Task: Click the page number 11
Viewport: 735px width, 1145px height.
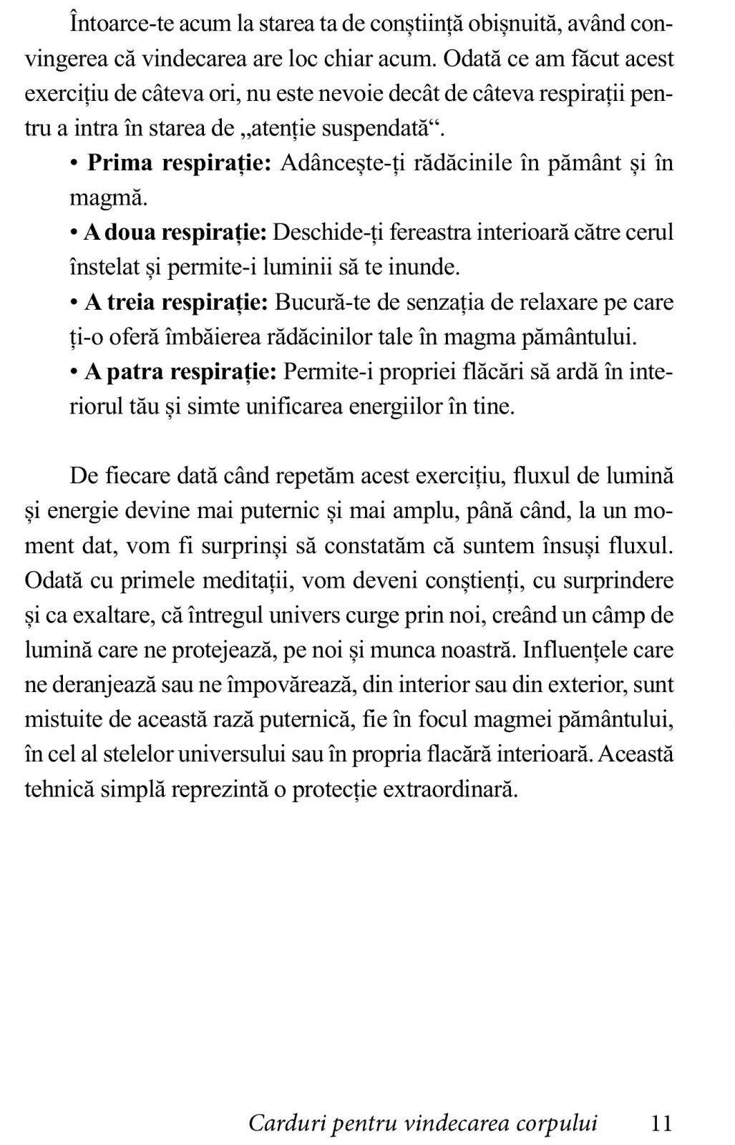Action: pos(662,1123)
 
